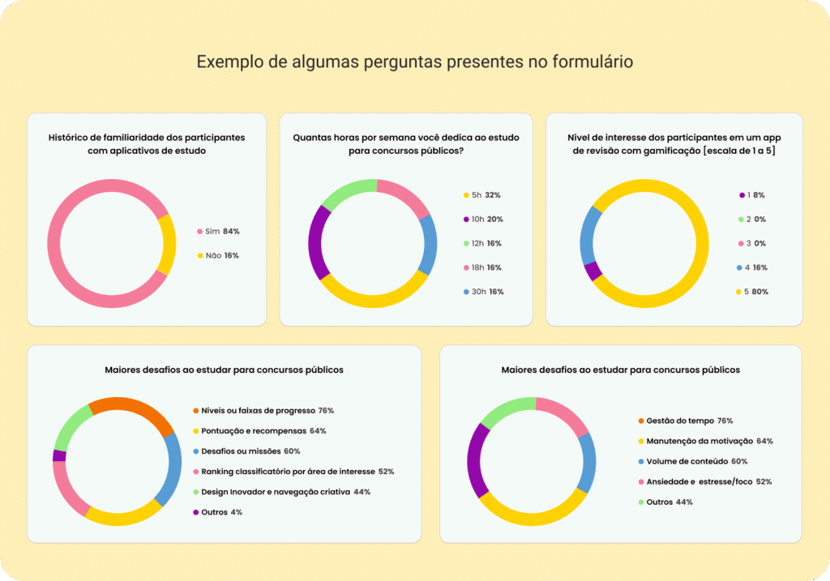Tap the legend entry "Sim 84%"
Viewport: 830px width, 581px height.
click(x=218, y=231)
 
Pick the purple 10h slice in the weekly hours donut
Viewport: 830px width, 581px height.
click(x=316, y=242)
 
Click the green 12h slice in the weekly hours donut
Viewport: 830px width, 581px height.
click(x=347, y=191)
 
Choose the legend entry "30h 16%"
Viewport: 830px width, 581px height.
click(x=483, y=292)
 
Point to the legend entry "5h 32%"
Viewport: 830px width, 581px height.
click(x=481, y=195)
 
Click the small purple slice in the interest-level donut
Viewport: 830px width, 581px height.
click(x=593, y=271)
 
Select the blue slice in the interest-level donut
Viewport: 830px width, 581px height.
click(x=588, y=236)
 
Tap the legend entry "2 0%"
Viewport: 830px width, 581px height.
click(x=752, y=219)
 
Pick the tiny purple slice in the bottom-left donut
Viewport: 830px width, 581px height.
click(x=59, y=455)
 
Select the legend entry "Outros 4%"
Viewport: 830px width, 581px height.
click(x=217, y=512)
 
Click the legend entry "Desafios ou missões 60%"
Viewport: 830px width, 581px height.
click(x=246, y=451)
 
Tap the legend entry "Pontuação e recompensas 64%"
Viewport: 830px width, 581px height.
click(x=259, y=431)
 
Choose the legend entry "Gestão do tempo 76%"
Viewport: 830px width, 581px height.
click(x=686, y=421)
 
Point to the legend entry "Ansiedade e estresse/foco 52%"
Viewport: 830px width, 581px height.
click(x=705, y=481)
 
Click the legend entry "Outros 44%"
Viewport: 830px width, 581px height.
click(x=665, y=502)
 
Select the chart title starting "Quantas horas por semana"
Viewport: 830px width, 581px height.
click(x=406, y=144)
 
